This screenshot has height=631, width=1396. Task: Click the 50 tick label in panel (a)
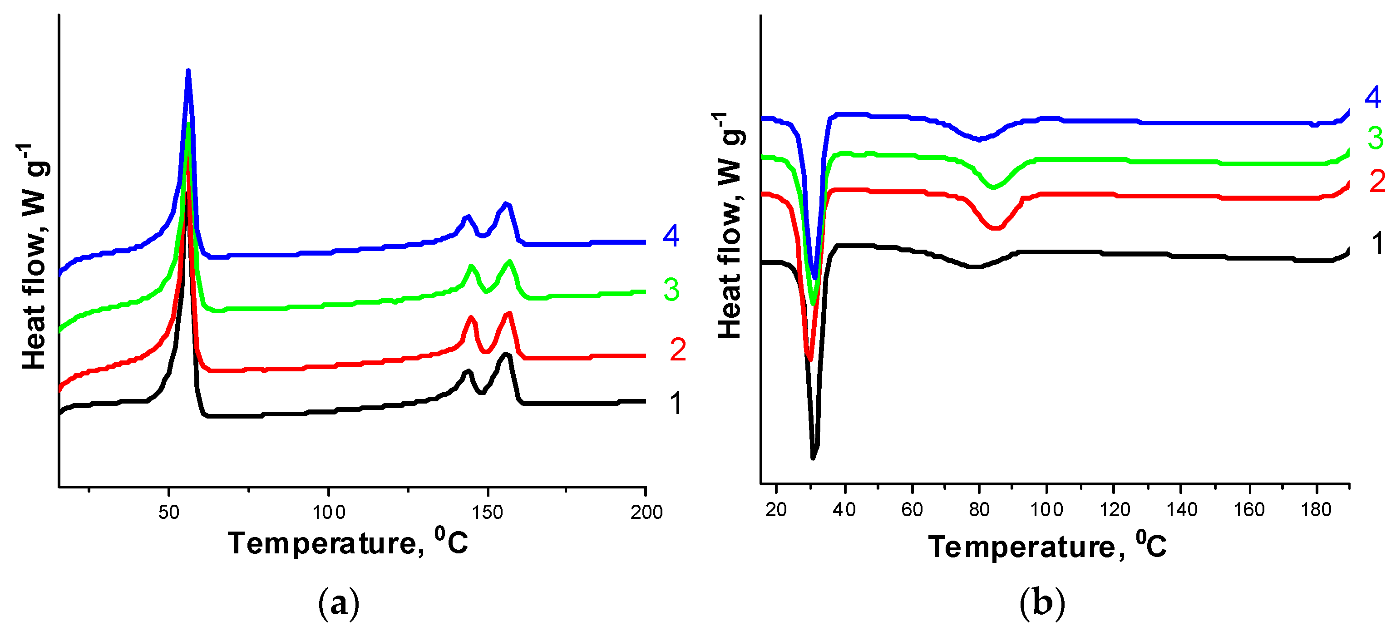pyautogui.click(x=168, y=512)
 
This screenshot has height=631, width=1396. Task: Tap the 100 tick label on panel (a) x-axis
pyautogui.click(x=328, y=512)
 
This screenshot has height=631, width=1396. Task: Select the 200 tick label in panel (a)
pyautogui.click(x=646, y=512)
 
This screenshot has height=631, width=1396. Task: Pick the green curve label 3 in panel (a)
pyautogui.click(x=671, y=290)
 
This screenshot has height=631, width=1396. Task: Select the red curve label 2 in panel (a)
pyautogui.click(x=677, y=350)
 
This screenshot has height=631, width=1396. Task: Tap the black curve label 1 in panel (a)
pyautogui.click(x=675, y=403)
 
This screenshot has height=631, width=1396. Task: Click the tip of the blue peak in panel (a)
pyautogui.click(x=188, y=71)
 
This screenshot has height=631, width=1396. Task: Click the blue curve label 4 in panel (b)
pyautogui.click(x=1373, y=98)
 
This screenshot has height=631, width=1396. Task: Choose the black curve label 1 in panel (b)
pyautogui.click(x=1377, y=243)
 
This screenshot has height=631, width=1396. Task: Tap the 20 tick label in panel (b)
pyautogui.click(x=776, y=510)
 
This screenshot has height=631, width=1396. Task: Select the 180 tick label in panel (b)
pyautogui.click(x=1316, y=510)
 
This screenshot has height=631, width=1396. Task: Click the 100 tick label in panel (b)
pyautogui.click(x=1046, y=510)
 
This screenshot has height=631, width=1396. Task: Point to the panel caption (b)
pyautogui.click(x=1041, y=603)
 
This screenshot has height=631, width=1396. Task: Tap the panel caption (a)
pyautogui.click(x=339, y=603)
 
